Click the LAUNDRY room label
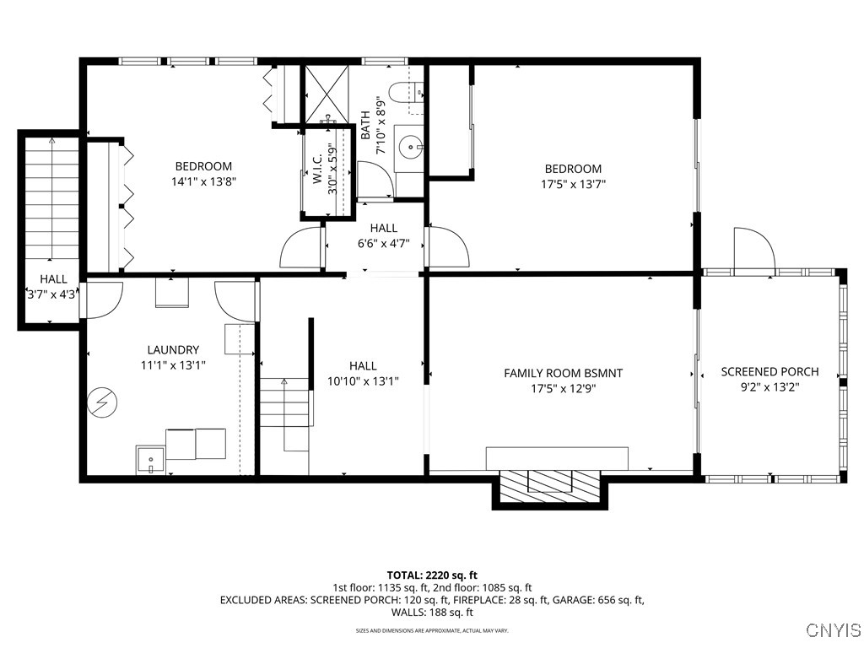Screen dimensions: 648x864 point(173,349)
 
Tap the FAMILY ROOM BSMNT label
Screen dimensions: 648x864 point(563,373)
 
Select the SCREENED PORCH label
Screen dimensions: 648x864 point(769,372)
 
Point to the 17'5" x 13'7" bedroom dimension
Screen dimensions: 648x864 point(573,184)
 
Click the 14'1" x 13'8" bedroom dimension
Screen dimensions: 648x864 point(203,181)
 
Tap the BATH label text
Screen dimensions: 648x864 point(366,126)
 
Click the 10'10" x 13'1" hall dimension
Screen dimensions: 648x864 point(363,381)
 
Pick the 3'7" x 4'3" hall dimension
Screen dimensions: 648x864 point(52,295)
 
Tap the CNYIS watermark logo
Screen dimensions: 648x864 point(833,630)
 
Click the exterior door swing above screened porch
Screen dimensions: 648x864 point(753,249)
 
